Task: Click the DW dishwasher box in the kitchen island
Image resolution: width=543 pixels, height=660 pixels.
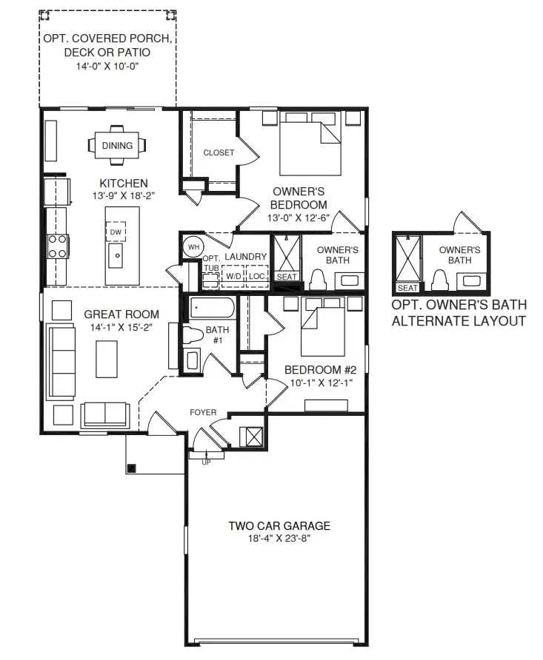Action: [115, 232]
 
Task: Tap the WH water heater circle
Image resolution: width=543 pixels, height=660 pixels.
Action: [193, 246]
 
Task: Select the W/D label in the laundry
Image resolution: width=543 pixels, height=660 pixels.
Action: [233, 276]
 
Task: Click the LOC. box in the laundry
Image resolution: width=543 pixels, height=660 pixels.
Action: [257, 276]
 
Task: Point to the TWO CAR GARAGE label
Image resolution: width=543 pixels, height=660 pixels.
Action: [279, 526]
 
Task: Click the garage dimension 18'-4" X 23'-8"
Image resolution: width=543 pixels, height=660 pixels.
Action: [279, 539]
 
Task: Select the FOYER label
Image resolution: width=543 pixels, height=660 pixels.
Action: [203, 412]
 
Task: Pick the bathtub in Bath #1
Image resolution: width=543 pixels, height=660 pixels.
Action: [212, 308]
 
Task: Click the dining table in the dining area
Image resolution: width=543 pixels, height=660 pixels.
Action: [117, 146]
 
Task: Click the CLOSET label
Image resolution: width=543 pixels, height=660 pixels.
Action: [219, 152]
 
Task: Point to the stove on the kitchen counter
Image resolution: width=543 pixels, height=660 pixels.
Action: [58, 246]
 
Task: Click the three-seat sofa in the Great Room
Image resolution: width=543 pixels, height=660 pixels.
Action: [61, 360]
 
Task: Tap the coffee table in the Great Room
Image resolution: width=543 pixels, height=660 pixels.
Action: [107, 359]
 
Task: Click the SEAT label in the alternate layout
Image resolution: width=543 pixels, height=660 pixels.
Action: [407, 288]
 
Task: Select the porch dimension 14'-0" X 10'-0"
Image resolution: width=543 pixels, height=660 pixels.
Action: [107, 66]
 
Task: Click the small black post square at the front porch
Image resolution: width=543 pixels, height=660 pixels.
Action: [132, 467]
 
